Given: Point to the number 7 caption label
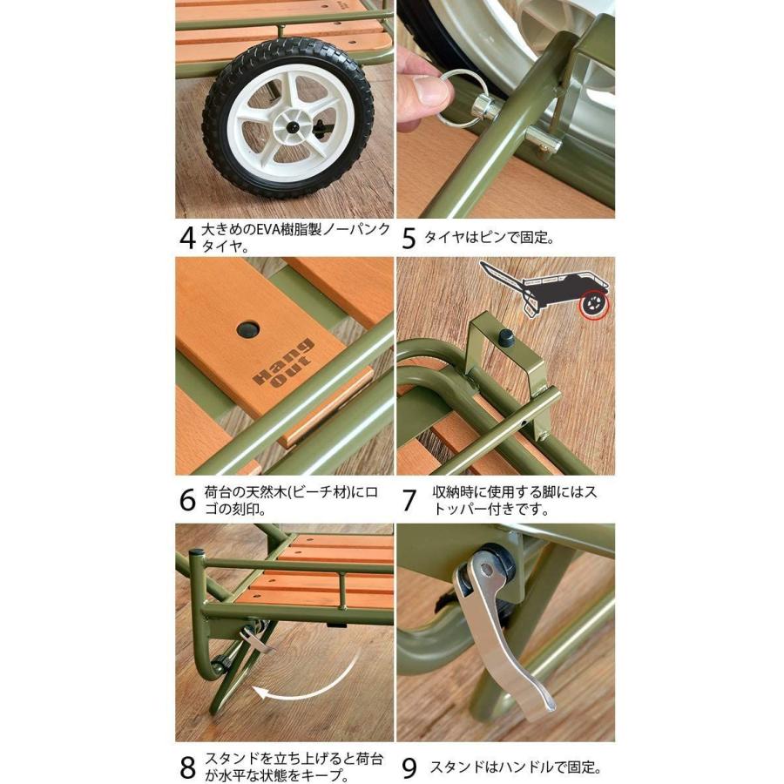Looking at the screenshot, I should (x=409, y=500).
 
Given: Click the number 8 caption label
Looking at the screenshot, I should (x=187, y=767).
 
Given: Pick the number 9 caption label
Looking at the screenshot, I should (x=409, y=767).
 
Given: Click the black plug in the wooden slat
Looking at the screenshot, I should (x=249, y=329).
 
